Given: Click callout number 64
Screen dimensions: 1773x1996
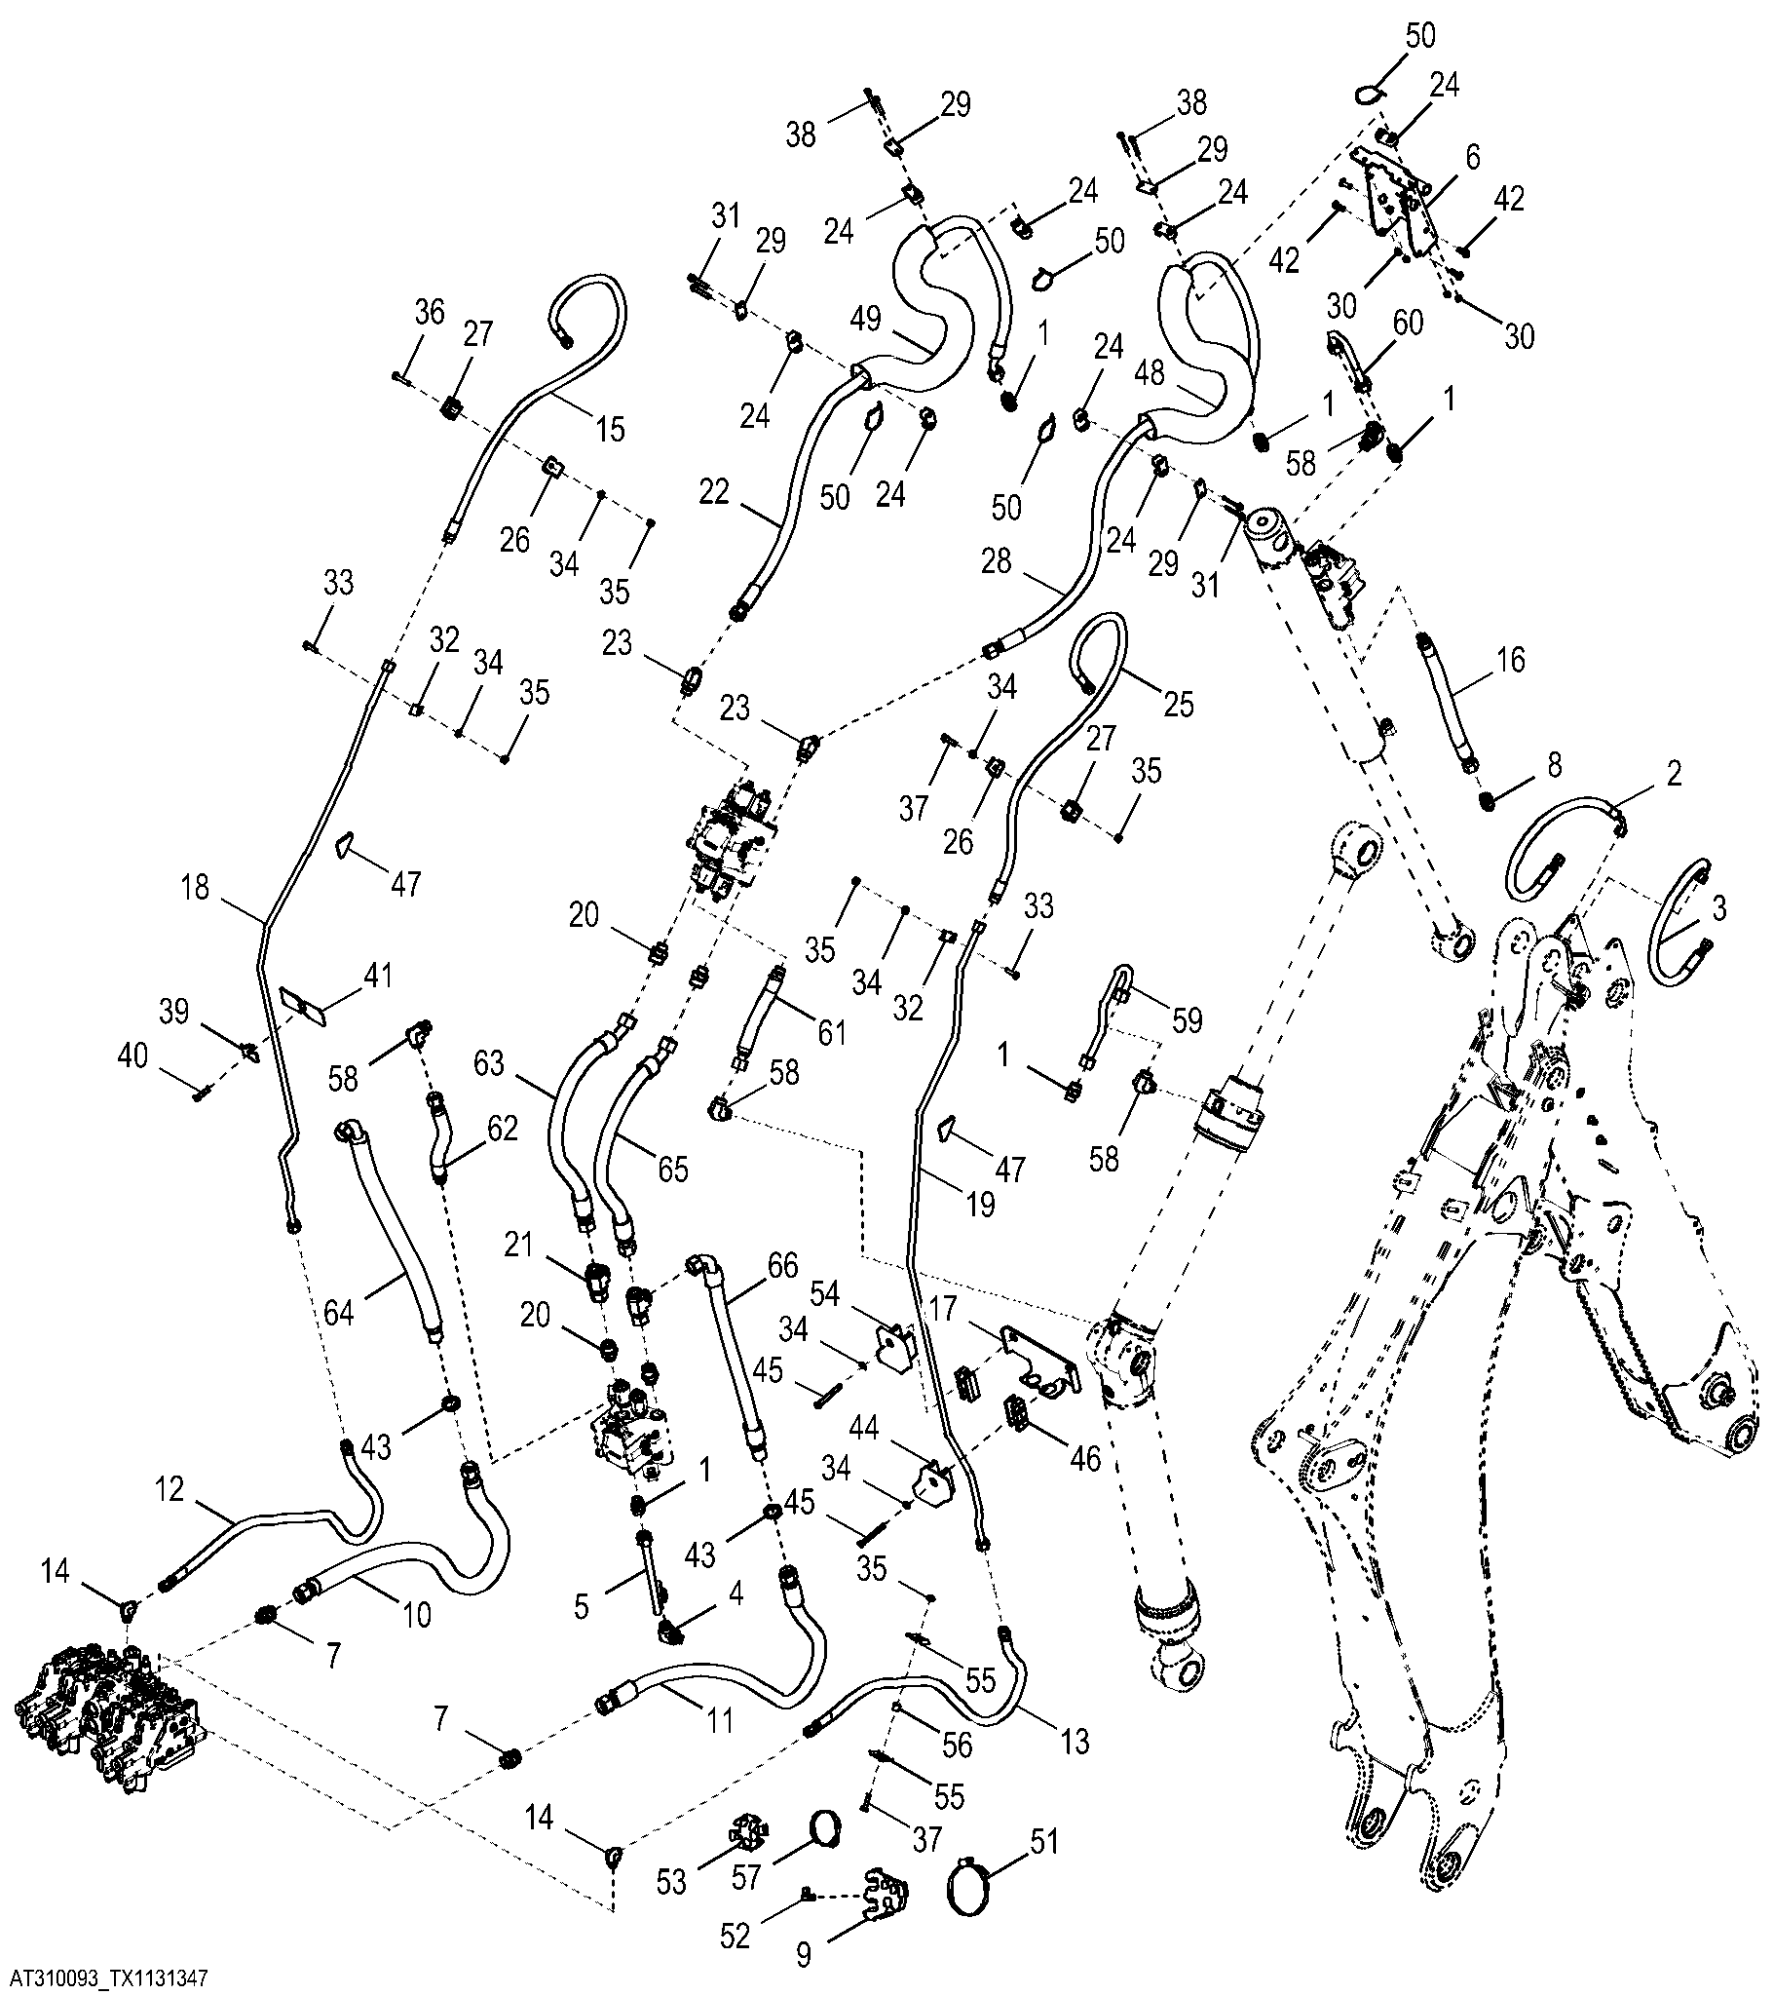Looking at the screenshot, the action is tap(340, 1314).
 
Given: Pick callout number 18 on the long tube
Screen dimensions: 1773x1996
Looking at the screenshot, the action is tap(196, 890).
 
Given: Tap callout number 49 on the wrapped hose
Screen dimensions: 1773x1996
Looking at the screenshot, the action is tap(865, 319).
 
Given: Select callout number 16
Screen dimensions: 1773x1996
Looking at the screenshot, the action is tap(1510, 660).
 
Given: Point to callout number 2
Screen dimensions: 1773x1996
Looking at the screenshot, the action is tap(1674, 775).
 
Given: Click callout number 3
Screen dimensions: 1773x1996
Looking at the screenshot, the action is tap(1719, 909).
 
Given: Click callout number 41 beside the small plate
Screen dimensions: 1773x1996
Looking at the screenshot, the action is tap(377, 974).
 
